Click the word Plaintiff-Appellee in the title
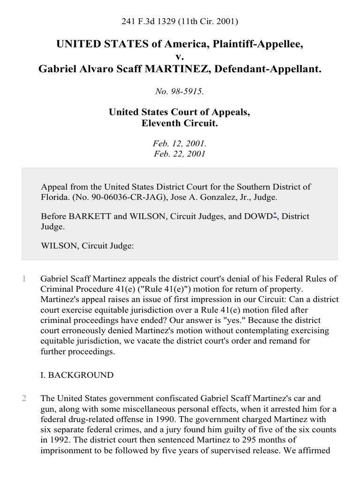point(251,45)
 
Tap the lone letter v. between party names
point(180,57)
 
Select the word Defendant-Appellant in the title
point(272,69)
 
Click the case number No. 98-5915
point(180,92)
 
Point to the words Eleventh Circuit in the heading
point(180,124)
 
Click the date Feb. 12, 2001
point(180,144)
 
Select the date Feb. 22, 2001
point(180,154)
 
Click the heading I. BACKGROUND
point(77,375)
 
